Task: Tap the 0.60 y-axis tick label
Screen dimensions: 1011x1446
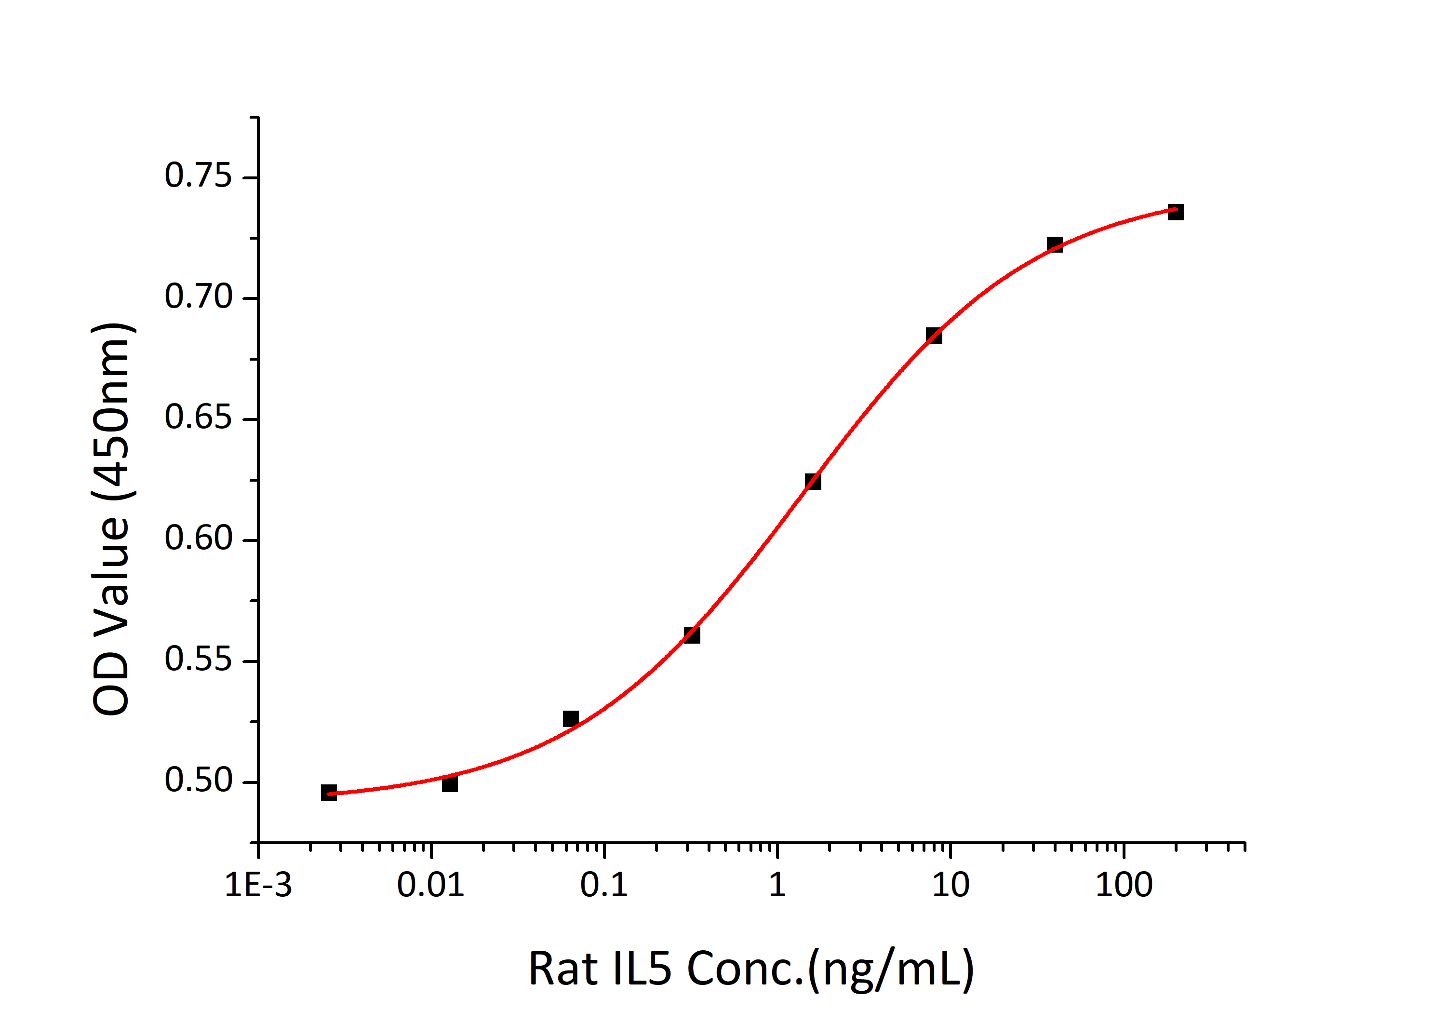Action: point(198,539)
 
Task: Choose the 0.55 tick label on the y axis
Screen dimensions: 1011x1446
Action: point(198,660)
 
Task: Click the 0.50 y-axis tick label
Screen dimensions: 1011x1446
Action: point(198,781)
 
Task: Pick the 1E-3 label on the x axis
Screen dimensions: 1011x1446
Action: point(258,885)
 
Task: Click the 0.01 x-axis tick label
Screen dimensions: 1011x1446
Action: point(431,885)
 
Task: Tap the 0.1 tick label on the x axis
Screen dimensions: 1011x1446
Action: point(604,885)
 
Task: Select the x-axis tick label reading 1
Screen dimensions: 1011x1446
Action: point(777,885)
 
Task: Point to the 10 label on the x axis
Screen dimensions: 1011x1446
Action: point(951,885)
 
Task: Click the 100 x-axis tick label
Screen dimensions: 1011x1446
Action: point(1124,885)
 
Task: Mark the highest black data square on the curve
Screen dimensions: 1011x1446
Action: point(1175,212)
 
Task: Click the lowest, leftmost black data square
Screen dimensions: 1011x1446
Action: point(329,793)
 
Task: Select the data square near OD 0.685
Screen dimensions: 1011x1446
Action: point(934,336)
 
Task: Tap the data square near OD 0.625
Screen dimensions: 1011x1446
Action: point(813,481)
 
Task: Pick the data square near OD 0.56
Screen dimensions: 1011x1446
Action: point(692,635)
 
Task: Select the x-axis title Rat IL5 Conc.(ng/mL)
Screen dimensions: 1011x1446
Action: point(750,969)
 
